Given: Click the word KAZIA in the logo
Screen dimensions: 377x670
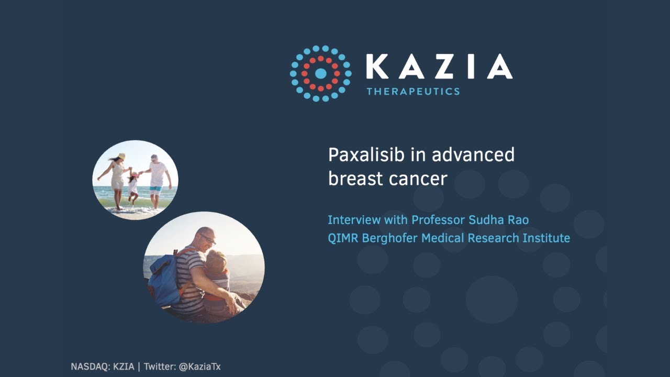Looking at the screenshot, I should [439, 66].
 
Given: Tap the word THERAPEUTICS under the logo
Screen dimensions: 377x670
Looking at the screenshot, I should [413, 92].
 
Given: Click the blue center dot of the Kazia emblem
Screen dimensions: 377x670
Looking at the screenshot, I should [321, 73].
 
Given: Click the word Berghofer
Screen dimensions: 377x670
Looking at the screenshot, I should [389, 238].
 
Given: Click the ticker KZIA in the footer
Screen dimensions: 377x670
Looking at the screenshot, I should [124, 367].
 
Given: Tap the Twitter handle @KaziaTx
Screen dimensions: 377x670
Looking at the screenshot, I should [199, 367].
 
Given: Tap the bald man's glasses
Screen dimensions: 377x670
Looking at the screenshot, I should [207, 239].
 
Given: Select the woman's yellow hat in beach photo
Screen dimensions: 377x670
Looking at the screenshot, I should [121, 156].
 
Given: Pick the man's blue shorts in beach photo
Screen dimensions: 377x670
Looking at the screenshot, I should [155, 190].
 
